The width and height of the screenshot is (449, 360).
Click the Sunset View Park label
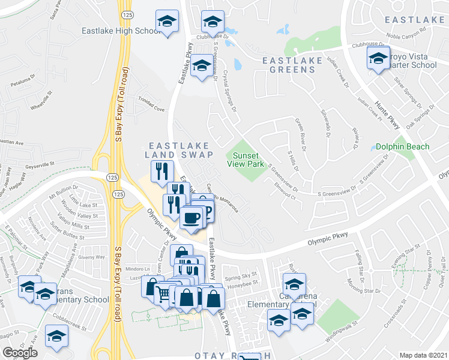click(x=246, y=159)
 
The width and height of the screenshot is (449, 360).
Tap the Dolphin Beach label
click(x=402, y=146)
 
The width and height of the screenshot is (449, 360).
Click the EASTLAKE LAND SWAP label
click(x=179, y=150)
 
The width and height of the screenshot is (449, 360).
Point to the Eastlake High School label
click(x=120, y=31)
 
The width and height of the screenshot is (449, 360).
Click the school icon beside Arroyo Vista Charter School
click(x=378, y=58)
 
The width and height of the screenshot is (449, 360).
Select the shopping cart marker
click(x=163, y=293)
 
